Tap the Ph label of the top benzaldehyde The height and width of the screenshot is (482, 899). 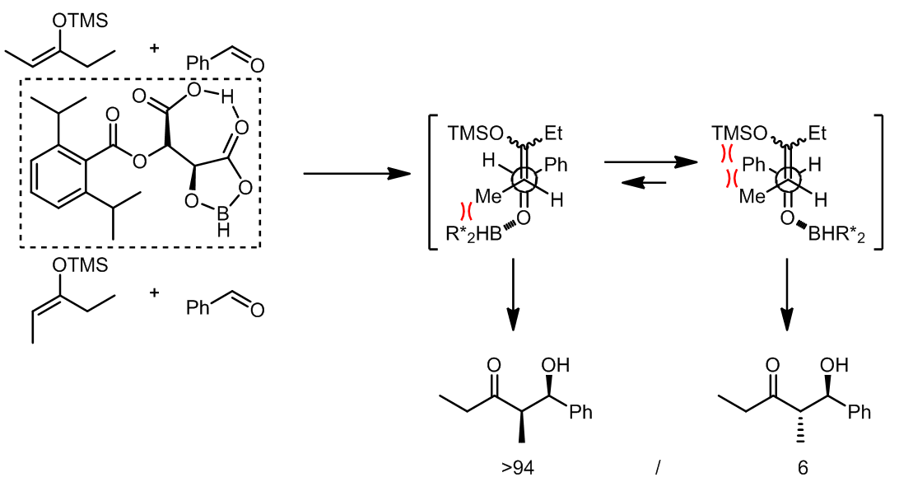[198, 63]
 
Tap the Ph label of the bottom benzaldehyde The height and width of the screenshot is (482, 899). [198, 307]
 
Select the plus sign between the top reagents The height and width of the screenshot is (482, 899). [155, 48]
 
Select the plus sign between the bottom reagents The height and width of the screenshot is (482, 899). [155, 292]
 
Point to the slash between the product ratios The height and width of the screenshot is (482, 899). [658, 468]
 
